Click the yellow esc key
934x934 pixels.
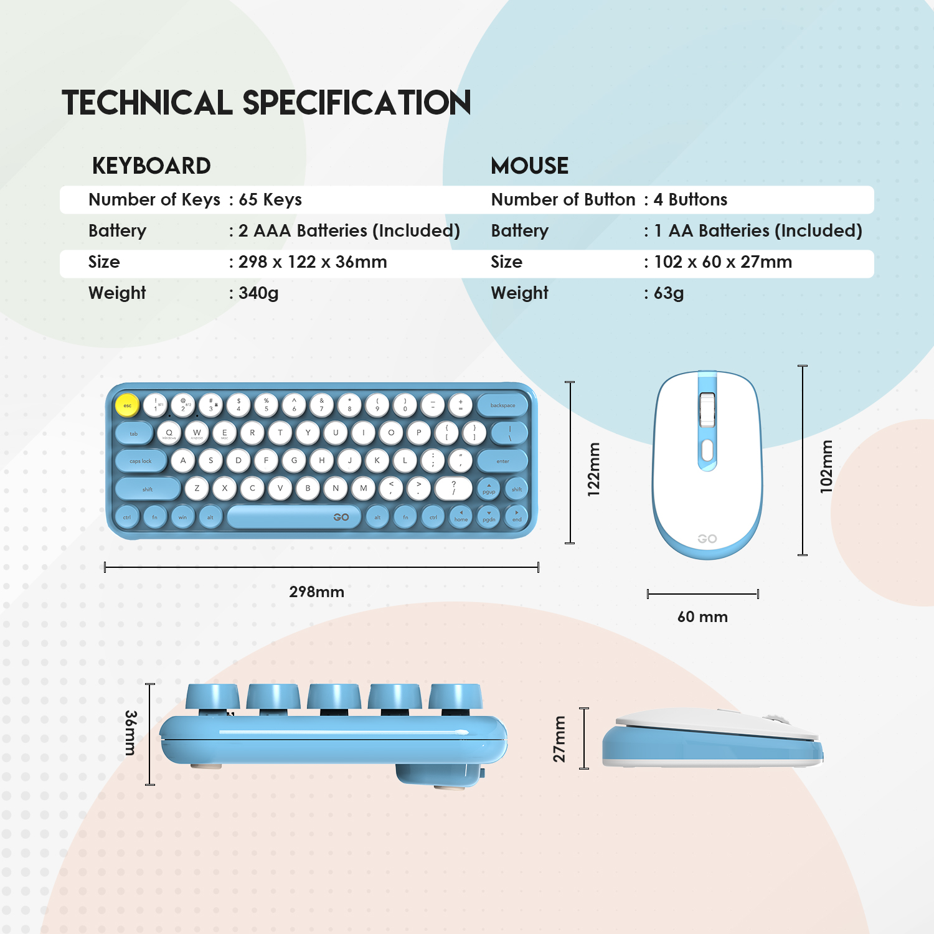coord(127,405)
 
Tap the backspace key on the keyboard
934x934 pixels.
coord(502,405)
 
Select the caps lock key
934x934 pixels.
coord(141,461)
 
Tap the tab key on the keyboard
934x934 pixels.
coord(134,433)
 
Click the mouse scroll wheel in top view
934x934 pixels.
coord(707,410)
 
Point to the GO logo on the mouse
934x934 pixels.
coord(707,539)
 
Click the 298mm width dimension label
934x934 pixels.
coord(316,592)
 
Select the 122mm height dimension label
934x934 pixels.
coord(594,469)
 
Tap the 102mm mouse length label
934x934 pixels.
coord(826,466)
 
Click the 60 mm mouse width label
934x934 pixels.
coord(702,616)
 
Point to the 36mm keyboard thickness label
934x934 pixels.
coord(130,733)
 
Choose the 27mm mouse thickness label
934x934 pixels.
coord(559,739)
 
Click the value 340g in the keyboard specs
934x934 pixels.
coord(258,293)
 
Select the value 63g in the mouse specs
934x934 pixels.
coord(669,293)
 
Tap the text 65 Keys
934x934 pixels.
coord(270,199)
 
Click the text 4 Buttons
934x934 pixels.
coord(691,199)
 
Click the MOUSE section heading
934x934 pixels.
coord(529,166)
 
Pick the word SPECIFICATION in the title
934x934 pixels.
coord(357,103)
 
